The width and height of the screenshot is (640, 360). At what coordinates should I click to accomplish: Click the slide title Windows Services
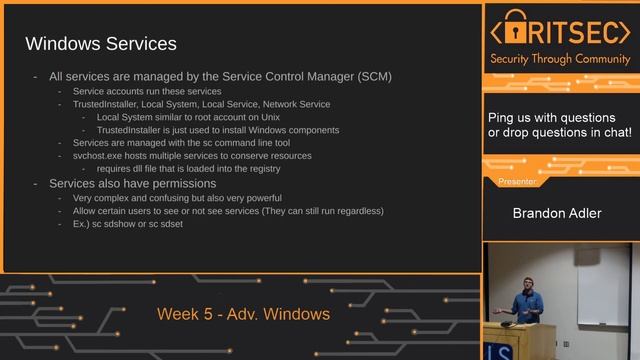point(100,44)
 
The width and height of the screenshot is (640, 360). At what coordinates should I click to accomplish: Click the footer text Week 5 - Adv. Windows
point(243,314)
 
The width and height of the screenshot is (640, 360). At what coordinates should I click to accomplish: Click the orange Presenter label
point(517,183)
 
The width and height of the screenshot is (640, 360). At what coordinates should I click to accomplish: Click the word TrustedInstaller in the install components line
point(132,130)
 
